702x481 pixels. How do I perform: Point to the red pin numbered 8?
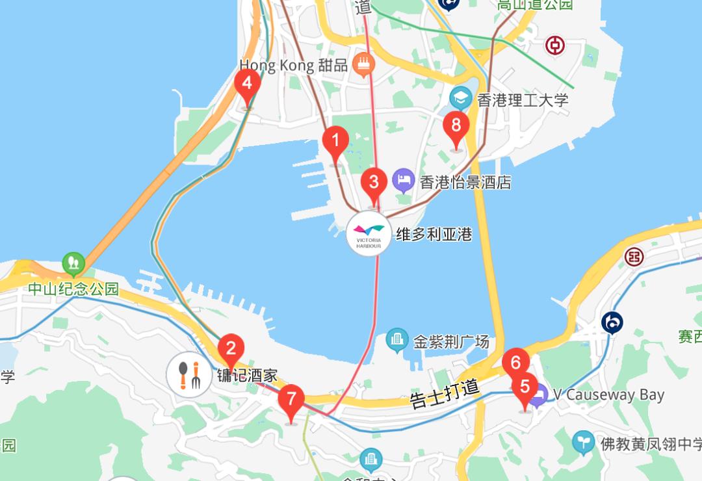point(456,125)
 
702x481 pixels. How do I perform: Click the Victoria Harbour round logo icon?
point(369,234)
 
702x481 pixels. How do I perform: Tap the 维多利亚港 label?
point(434,234)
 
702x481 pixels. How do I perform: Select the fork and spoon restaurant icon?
point(188,376)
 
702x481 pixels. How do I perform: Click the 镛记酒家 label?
point(247,376)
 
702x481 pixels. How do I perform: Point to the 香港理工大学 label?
point(523,100)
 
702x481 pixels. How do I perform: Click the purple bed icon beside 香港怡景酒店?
point(404,181)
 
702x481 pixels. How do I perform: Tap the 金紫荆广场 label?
point(451,341)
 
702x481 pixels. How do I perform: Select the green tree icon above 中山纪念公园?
point(73,263)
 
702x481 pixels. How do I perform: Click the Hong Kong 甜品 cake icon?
point(363,64)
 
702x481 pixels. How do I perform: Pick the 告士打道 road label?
point(445,393)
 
